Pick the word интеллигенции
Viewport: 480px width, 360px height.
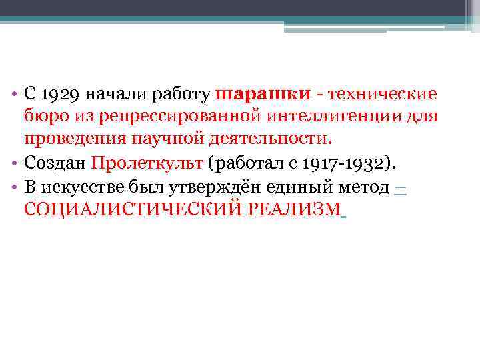(339, 118)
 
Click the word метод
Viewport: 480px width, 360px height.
(366, 187)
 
